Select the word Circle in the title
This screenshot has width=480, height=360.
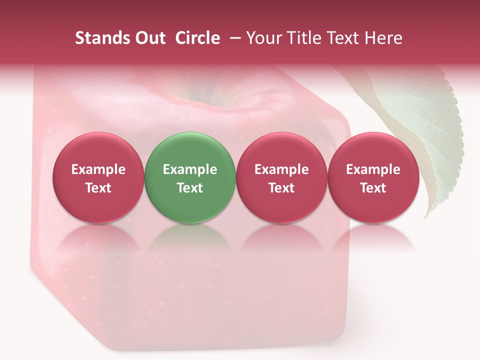(x=197, y=38)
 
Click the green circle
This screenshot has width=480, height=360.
(x=190, y=177)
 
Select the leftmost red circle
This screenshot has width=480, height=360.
(x=98, y=177)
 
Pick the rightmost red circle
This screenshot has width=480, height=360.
(x=373, y=177)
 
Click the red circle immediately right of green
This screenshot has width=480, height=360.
(x=281, y=177)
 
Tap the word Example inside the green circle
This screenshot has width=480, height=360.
(x=190, y=169)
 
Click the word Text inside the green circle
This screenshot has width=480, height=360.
(x=190, y=188)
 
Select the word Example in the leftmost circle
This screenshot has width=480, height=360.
(x=98, y=169)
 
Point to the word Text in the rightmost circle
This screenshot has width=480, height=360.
(x=373, y=188)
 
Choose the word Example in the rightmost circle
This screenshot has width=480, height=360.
(x=373, y=169)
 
